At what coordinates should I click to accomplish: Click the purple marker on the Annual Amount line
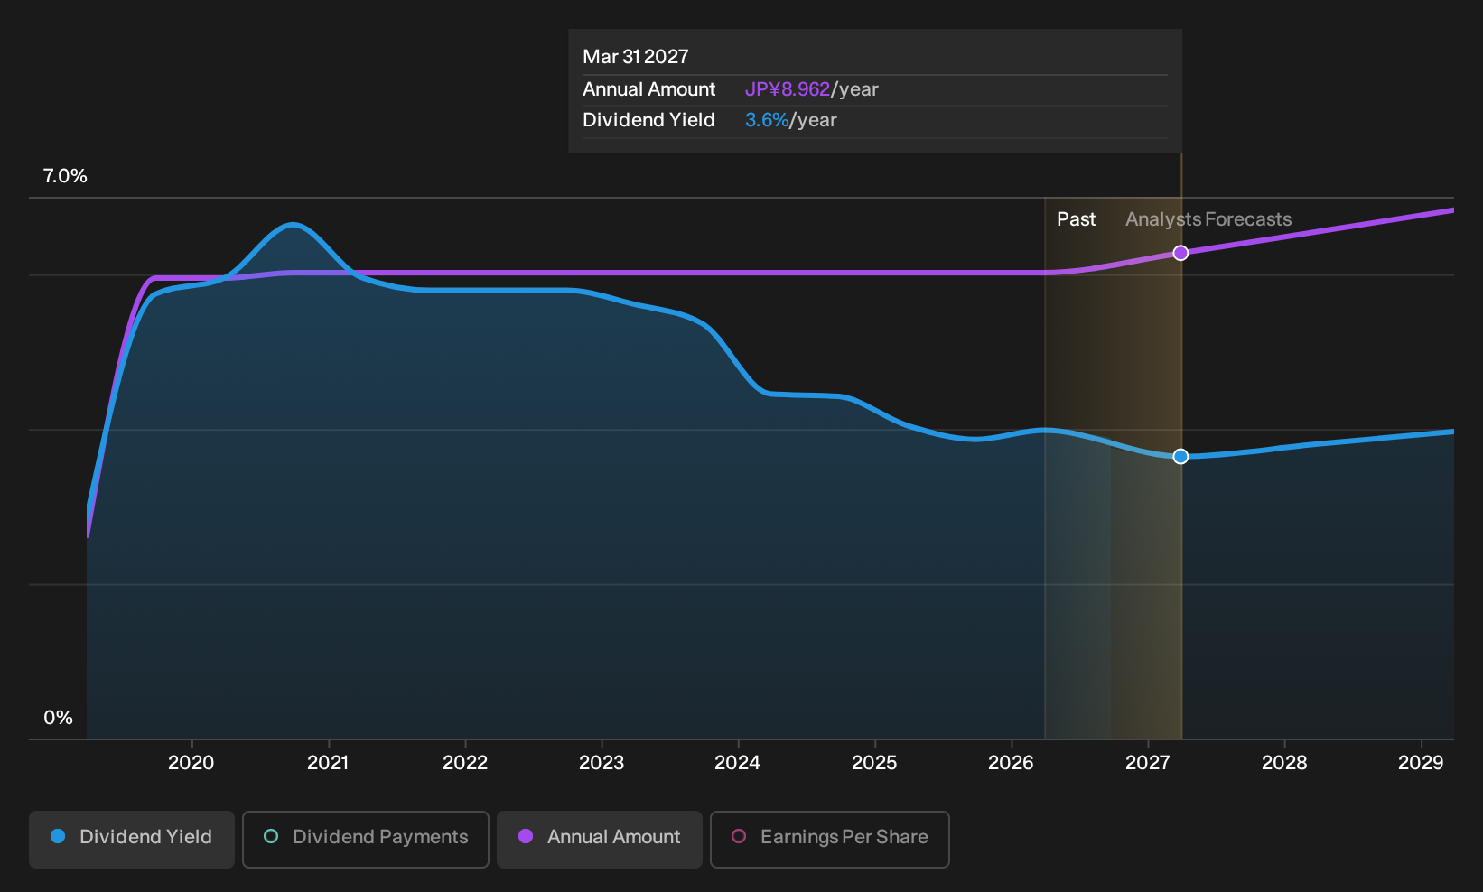[1180, 253]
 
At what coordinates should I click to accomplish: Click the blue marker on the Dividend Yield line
[1180, 457]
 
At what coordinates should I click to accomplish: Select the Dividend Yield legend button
[132, 839]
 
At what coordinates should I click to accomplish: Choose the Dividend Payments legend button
[366, 839]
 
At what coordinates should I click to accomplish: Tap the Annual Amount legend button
[599, 839]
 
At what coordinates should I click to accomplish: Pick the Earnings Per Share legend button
[829, 839]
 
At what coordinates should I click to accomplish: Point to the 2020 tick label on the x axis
[191, 763]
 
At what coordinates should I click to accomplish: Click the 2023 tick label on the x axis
[602, 763]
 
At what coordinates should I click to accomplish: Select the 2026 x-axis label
[1011, 763]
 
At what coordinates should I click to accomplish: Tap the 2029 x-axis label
[1421, 763]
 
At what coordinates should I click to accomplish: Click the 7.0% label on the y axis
[65, 176]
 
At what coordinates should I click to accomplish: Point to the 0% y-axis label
[59, 718]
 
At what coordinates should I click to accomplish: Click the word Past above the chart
[1076, 219]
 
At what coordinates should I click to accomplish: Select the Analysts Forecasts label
[1208, 219]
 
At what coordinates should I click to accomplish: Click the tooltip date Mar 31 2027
[636, 57]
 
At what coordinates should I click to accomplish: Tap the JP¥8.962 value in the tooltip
[788, 89]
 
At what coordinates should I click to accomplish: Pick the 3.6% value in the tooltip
[767, 120]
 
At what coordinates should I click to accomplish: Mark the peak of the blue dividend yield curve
[293, 225]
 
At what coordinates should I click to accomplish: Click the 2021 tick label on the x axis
[329, 763]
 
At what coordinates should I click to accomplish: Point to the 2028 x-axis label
[1284, 763]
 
